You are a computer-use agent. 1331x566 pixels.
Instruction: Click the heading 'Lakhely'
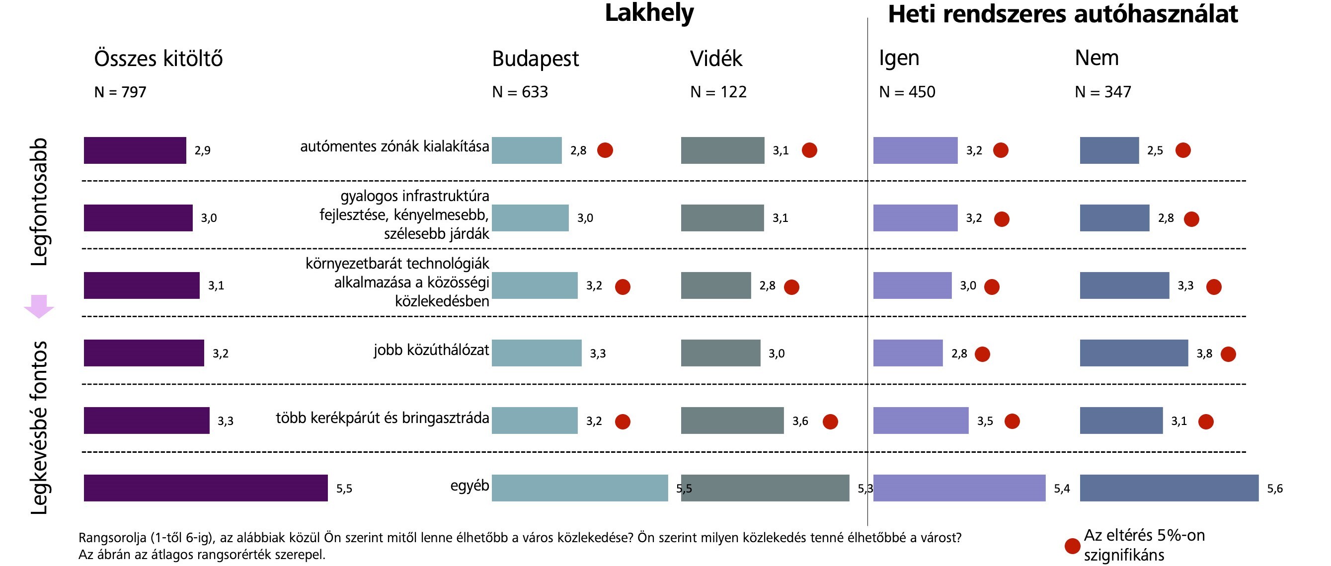pos(649,13)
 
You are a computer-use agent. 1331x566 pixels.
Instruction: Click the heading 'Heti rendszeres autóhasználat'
pos(1062,14)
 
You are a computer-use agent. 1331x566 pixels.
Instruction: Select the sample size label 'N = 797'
pos(120,92)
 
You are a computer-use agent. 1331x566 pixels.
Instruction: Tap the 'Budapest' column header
pos(535,59)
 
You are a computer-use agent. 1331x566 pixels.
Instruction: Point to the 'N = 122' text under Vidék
pos(718,92)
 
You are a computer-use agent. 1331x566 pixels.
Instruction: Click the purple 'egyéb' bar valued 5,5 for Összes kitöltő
pos(206,488)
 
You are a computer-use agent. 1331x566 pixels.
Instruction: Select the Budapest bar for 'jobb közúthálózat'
pos(537,353)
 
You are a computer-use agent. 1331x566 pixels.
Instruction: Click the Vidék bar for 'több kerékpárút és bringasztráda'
pos(732,421)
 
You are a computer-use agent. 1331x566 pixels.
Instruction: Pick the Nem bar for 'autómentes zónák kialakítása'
pos(1109,150)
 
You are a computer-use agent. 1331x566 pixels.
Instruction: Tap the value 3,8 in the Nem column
pos(1204,354)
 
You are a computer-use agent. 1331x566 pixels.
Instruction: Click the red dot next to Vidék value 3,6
pos(830,422)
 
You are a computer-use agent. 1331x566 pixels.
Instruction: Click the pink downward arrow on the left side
pos(39,306)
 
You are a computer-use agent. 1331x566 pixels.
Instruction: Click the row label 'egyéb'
pos(469,486)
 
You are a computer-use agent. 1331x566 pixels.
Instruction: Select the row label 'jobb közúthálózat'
pos(431,350)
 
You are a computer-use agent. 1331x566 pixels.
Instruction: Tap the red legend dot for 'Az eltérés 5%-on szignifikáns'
pos(1072,546)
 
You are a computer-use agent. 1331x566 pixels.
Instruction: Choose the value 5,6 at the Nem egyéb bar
pos(1274,489)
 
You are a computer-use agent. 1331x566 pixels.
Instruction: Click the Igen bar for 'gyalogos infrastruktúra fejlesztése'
pos(915,218)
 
